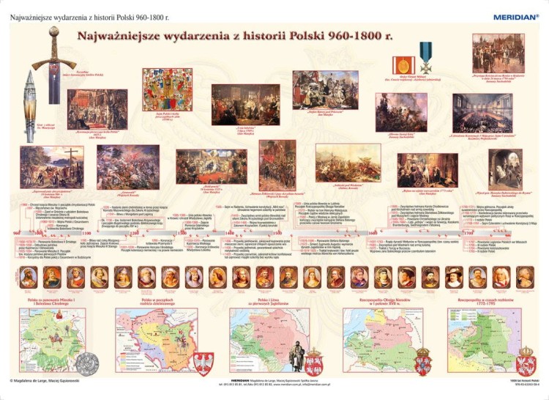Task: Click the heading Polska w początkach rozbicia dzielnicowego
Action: (155, 303)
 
